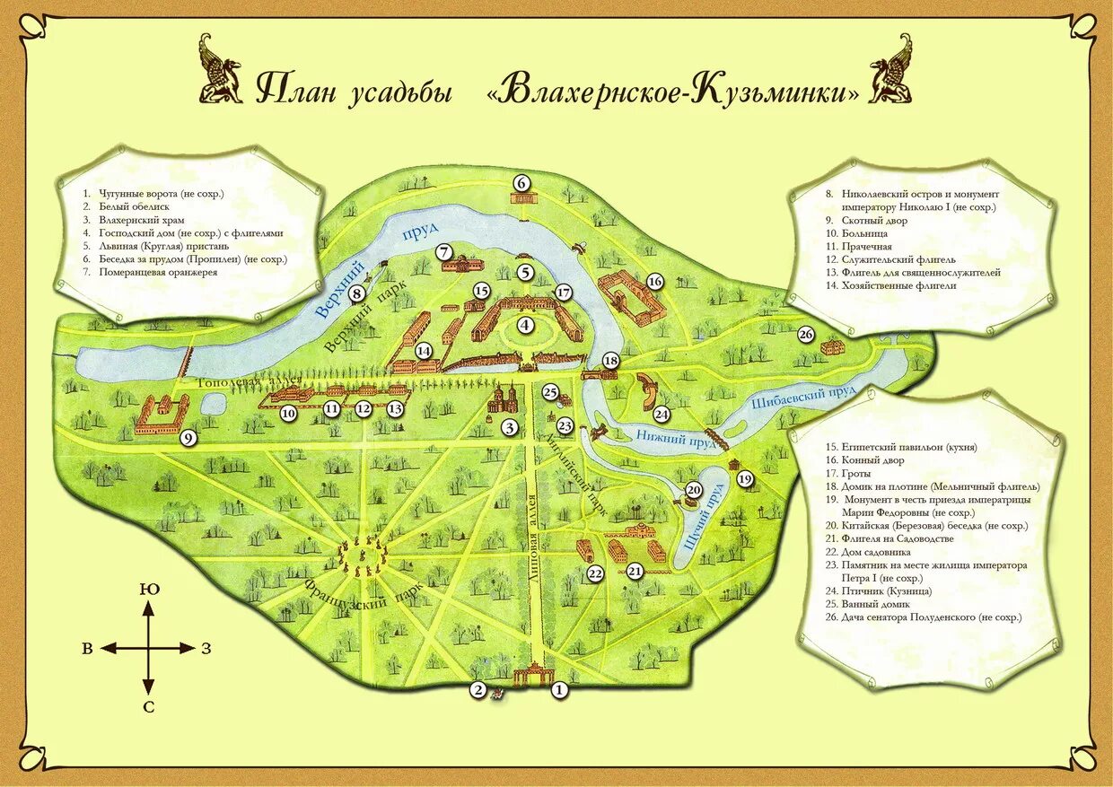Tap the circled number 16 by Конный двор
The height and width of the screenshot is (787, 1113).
point(654,282)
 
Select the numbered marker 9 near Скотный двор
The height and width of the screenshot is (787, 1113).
point(188,438)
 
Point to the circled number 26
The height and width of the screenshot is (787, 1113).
point(806,335)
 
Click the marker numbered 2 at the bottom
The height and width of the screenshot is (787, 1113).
point(478,690)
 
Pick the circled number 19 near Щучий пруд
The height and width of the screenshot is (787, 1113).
point(744,479)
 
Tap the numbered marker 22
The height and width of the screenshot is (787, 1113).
point(594,573)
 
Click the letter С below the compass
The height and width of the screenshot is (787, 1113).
point(148,707)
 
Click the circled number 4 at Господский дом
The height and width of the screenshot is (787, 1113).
point(524,327)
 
